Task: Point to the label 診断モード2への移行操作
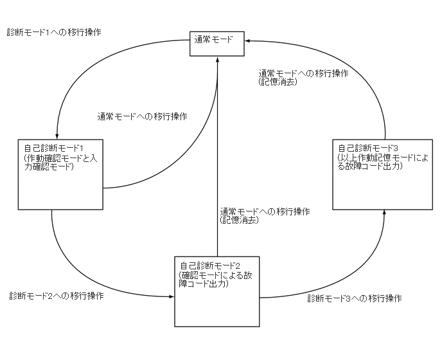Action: coord(57,296)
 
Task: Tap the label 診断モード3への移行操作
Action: coord(355,298)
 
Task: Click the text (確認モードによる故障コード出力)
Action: coord(212,280)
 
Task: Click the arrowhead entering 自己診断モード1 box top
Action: coord(57,135)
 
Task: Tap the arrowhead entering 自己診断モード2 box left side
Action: coord(172,297)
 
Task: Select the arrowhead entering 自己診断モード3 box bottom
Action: coord(384,212)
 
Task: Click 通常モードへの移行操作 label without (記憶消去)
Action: coord(143,116)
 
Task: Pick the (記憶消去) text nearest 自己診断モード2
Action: coord(239,220)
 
